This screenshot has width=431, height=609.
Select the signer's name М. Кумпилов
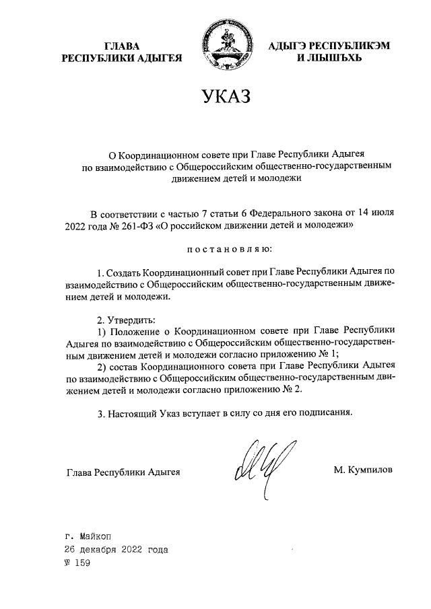pyautogui.click(x=362, y=468)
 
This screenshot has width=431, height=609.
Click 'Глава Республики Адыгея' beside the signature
pyautogui.click(x=123, y=471)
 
